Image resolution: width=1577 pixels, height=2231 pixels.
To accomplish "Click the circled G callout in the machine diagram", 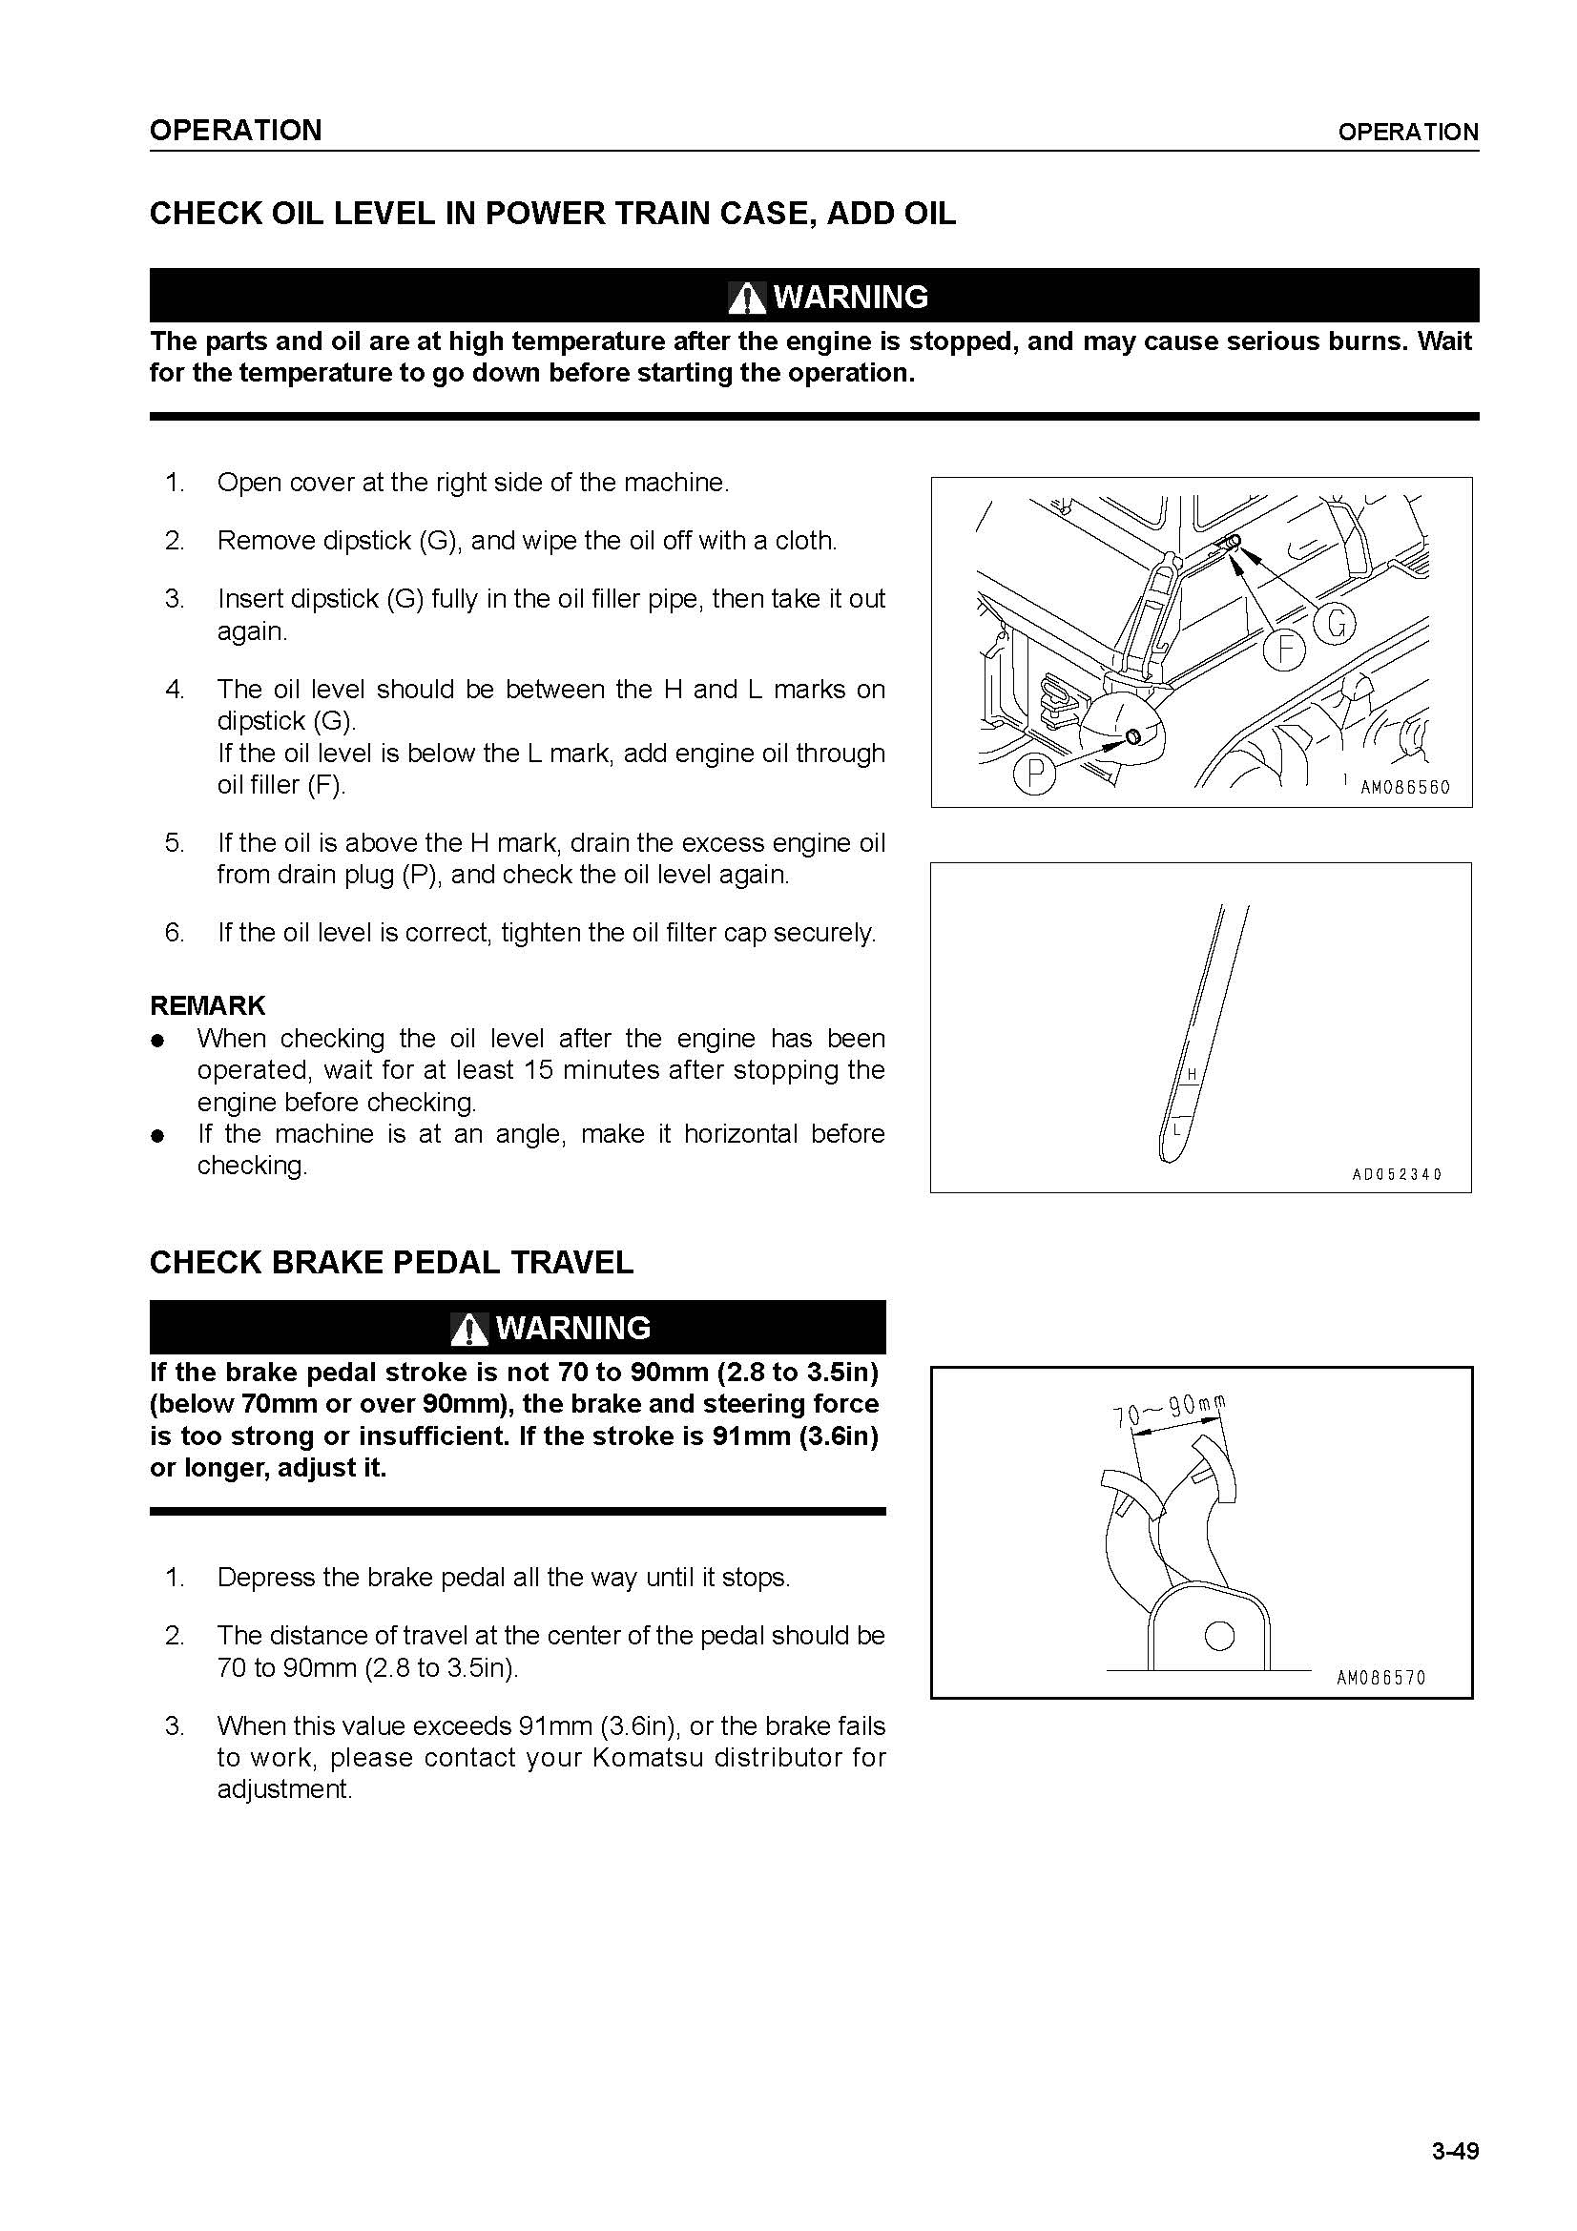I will [x=1336, y=624].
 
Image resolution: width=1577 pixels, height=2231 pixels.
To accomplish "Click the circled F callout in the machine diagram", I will [x=1285, y=648].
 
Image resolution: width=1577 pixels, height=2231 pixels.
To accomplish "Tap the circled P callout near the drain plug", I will [x=1035, y=775].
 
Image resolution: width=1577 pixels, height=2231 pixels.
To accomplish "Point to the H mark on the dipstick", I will [x=1191, y=1074].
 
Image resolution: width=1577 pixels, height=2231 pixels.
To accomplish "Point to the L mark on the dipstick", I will [x=1176, y=1130].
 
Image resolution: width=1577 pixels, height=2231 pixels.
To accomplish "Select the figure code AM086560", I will [x=1404, y=788].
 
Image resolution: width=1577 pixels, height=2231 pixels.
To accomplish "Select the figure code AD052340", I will [x=1398, y=1175].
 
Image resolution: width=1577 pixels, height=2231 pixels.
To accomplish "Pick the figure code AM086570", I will [x=1380, y=1678].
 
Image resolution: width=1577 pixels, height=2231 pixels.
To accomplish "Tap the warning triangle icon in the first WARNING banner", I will [x=746, y=298].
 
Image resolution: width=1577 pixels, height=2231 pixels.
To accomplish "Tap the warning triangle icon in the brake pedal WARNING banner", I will [x=469, y=1330].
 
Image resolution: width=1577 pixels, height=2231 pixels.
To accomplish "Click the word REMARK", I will [x=207, y=1005].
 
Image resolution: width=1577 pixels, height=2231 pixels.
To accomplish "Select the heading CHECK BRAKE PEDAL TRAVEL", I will [x=390, y=1262].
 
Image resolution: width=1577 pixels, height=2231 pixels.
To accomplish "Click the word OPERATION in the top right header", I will [x=1408, y=133].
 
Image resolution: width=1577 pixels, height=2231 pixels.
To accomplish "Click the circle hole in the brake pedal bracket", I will [x=1218, y=1637].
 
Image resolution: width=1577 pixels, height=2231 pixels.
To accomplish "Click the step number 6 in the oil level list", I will [x=174, y=933].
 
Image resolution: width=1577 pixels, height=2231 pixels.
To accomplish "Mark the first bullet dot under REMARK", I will [x=156, y=1041].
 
